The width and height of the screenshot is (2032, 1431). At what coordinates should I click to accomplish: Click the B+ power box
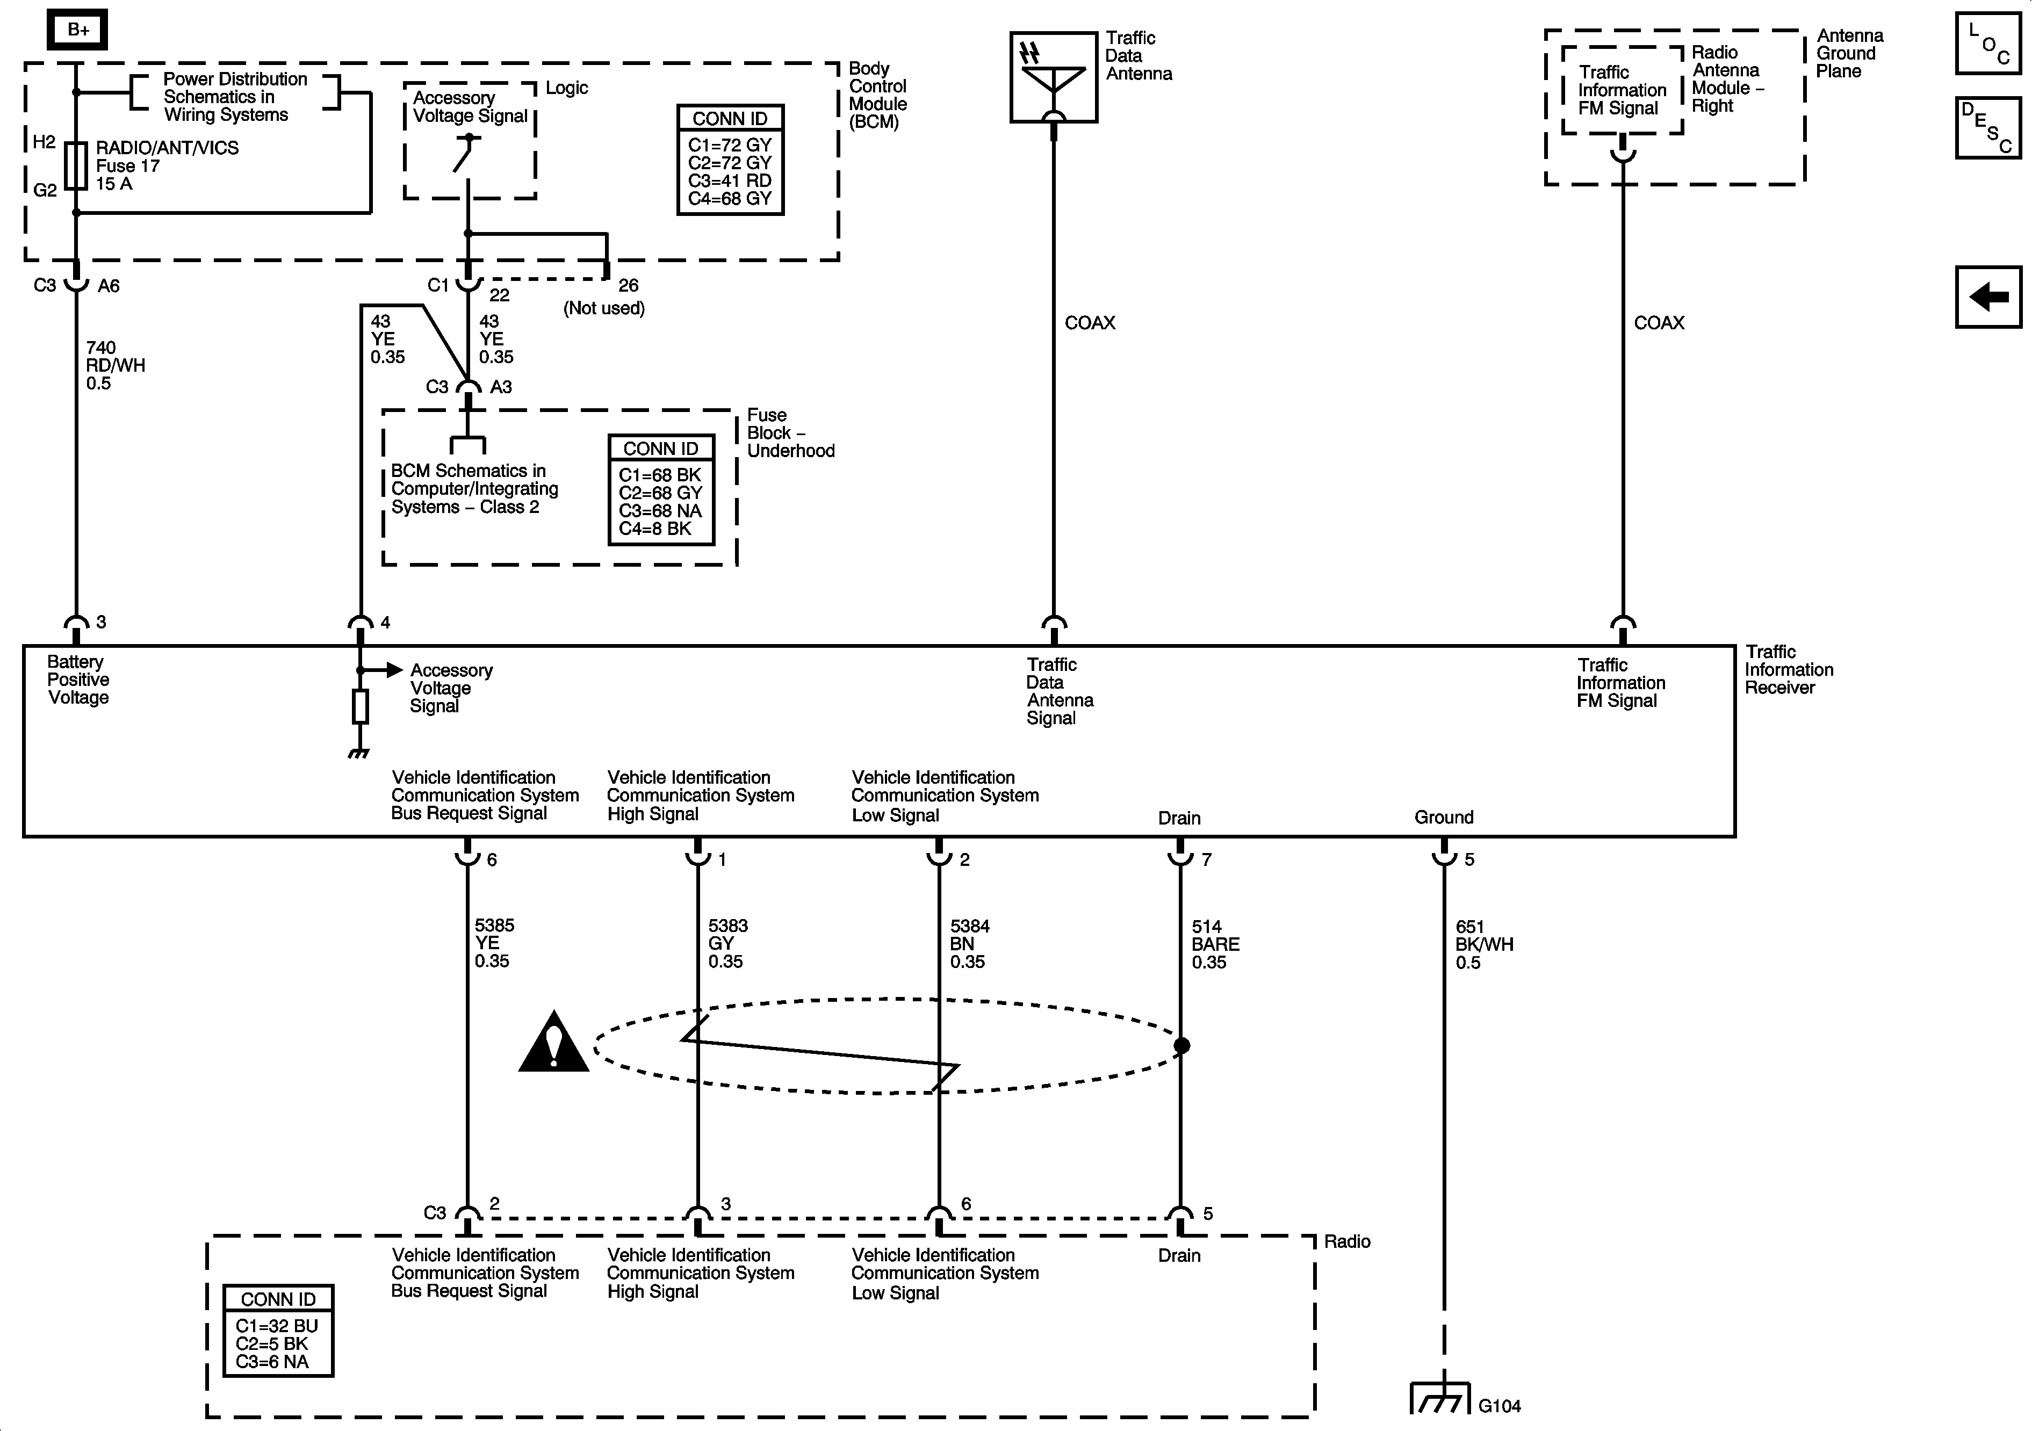point(78,30)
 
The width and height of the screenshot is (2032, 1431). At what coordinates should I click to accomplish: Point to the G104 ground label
point(1499,1405)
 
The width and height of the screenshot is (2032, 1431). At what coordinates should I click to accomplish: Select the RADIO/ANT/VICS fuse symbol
point(76,167)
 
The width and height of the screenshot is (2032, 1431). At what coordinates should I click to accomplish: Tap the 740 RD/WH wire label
point(115,365)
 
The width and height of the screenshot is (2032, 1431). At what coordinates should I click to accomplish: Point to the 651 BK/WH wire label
point(1483,944)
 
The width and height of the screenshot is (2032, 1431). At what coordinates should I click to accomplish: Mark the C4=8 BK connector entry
point(655,529)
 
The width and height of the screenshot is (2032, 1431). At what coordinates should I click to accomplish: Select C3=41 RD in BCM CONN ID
point(729,180)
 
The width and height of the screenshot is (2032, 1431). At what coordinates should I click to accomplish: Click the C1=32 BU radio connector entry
point(276,1326)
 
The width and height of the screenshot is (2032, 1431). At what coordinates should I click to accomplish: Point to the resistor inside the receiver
point(360,706)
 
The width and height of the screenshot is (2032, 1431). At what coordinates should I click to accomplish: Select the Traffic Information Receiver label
point(1788,670)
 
